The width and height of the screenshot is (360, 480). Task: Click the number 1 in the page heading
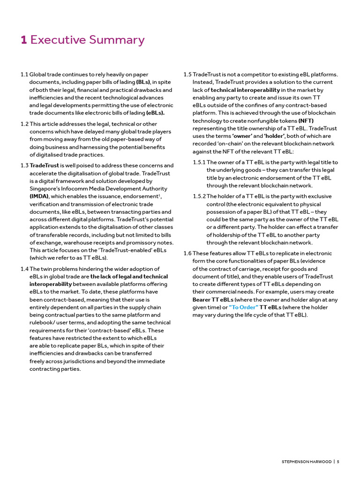tap(23, 40)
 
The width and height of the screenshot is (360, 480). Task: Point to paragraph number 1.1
tap(24, 75)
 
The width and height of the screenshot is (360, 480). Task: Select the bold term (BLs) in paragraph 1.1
tap(143, 82)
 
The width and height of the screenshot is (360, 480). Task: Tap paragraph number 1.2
tap(24, 124)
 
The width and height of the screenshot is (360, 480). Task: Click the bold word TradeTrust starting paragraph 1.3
tap(45, 165)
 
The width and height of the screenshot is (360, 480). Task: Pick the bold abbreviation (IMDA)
tap(39, 196)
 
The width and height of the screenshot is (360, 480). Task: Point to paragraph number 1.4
tap(24, 269)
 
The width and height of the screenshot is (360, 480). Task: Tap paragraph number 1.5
tap(187, 75)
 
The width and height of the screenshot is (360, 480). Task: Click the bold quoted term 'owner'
tap(242, 136)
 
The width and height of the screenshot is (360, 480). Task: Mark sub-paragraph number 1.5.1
tap(199, 162)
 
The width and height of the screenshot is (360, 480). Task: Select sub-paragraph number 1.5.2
tap(199, 196)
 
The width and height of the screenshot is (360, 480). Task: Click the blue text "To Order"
tap(243, 307)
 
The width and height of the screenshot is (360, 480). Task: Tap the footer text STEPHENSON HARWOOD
tap(306, 462)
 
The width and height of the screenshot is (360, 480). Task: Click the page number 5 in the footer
tap(337, 462)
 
